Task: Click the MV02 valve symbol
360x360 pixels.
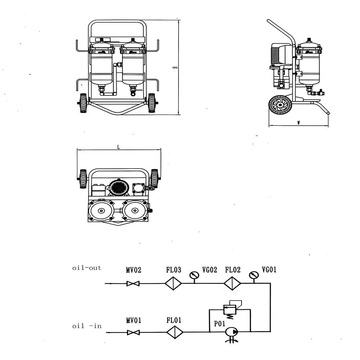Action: pos(133,284)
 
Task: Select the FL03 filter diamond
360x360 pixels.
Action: pos(174,284)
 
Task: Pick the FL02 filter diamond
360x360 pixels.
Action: pos(233,284)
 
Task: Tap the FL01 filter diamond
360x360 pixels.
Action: pos(175,332)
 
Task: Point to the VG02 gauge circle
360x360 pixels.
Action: pos(194,275)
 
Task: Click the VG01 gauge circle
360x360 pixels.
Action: pos(254,275)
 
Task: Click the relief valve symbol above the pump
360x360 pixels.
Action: pos(230,309)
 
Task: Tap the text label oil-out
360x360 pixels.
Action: pos(86,268)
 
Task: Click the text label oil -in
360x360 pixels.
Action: pos(87,327)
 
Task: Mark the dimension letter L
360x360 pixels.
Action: pos(118,147)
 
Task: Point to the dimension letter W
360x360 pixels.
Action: pos(298,123)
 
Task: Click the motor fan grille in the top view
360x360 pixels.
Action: pos(118,187)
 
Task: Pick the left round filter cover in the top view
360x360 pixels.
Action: pos(101,210)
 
